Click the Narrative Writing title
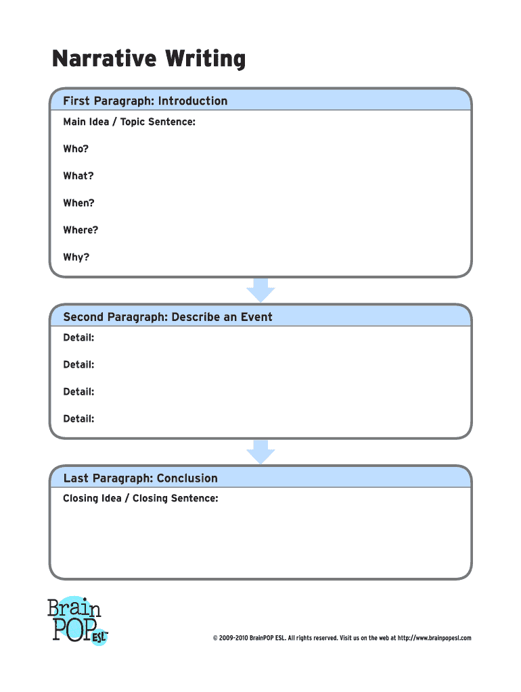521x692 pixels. point(149,60)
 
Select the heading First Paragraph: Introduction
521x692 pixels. point(145,101)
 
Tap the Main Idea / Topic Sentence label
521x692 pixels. point(129,122)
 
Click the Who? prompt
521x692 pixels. point(76,149)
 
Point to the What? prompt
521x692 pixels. point(78,176)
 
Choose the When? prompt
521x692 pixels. point(78,203)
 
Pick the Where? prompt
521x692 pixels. point(81,230)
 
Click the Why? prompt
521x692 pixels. point(76,257)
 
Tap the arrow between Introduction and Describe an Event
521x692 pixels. point(260,289)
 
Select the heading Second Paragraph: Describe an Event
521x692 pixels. point(168,317)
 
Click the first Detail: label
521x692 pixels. point(78,337)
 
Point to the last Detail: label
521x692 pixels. point(78,418)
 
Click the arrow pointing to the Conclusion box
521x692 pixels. point(260,451)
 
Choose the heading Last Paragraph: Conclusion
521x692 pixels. point(141,478)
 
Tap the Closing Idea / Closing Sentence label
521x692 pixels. point(141,499)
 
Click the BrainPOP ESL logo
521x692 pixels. point(76,620)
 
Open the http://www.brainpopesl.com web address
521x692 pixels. point(434,638)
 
